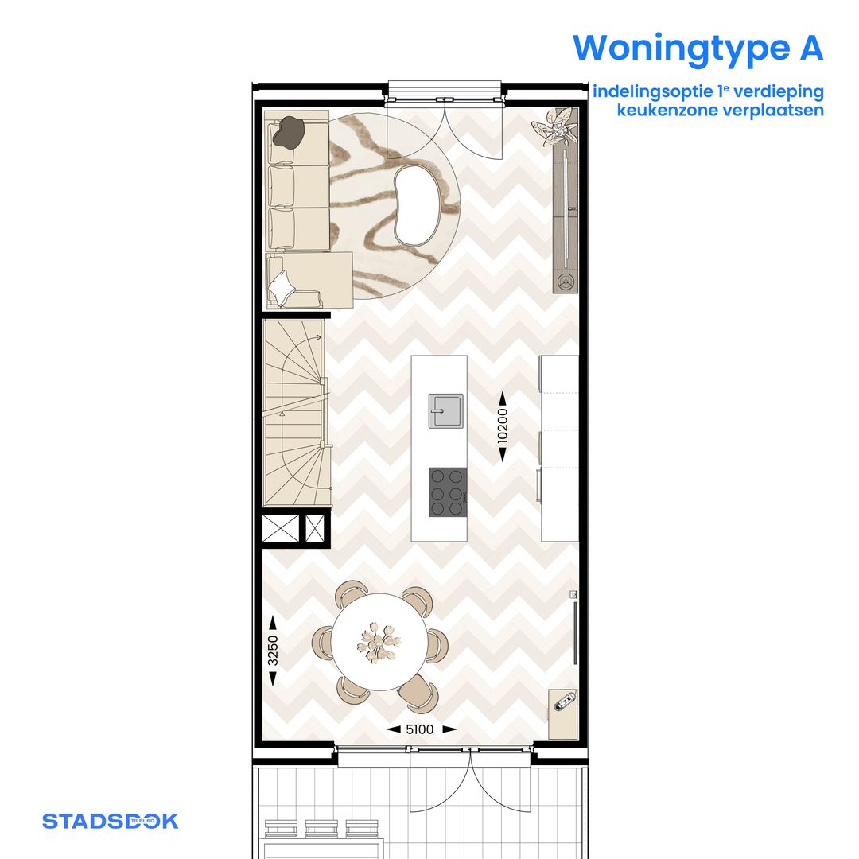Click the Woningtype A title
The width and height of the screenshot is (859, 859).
coord(698,48)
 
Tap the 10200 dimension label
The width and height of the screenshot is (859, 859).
coord(503,427)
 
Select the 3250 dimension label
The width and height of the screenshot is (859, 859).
coord(272,651)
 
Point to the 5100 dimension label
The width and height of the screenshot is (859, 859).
coord(421,729)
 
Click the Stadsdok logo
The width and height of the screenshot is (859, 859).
coord(110,821)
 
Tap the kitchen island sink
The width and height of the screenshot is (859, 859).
coord(445,410)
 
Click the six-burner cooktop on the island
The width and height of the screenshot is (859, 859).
coord(447,492)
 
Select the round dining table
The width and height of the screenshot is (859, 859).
coord(379,642)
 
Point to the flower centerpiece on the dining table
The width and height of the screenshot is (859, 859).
coord(379,641)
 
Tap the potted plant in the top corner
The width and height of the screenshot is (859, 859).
coord(557,126)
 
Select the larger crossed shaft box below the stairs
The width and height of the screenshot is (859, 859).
coord(281,528)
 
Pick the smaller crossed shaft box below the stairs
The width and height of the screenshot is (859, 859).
coord(316,528)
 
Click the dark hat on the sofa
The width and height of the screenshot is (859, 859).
coord(288,132)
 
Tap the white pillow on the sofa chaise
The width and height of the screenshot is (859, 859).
coord(282,285)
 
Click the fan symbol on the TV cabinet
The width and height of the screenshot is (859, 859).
coord(566,282)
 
